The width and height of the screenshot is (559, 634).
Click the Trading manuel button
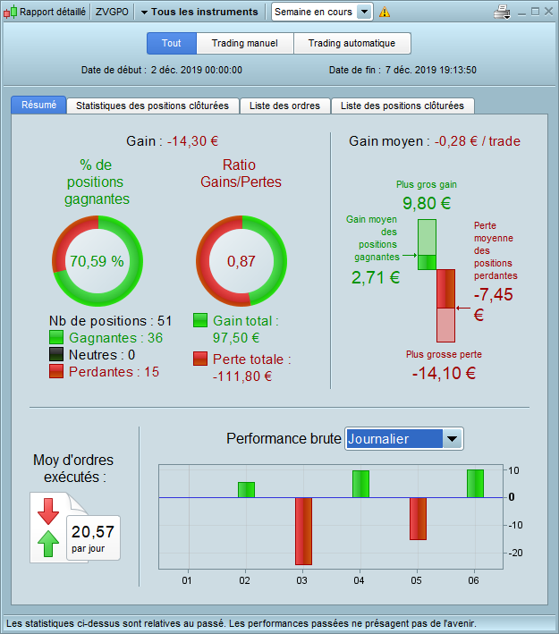pos(244,44)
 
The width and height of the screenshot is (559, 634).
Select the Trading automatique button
pos(351,44)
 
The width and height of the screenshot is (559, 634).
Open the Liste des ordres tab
pos(285,106)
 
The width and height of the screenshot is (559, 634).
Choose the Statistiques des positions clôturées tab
pos(158,106)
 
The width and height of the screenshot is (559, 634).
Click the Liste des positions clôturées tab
pos(402,106)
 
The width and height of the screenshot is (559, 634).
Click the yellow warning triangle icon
pos(385,13)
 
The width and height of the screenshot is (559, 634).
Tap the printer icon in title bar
pos(502,13)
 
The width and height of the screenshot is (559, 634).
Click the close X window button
pos(547,12)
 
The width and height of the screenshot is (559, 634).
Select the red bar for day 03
pos(303,530)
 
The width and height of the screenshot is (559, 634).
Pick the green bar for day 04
pos(360,484)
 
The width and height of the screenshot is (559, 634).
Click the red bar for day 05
pos(418,518)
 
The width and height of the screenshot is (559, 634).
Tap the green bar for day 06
pos(475,483)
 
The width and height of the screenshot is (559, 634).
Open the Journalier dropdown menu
pos(453,438)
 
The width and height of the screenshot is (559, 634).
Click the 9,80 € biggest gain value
pos(427,203)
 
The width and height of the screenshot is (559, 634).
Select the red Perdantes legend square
pos(56,370)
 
